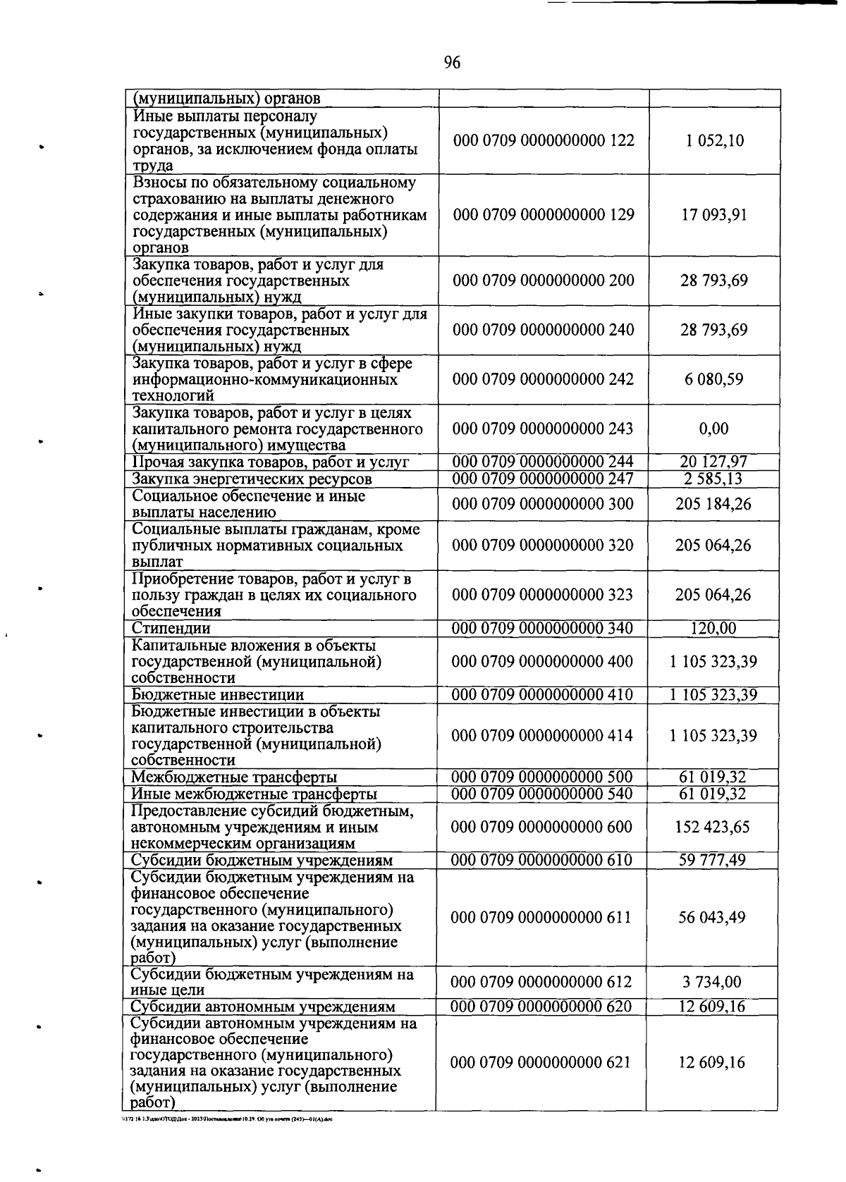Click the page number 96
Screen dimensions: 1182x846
tap(452, 63)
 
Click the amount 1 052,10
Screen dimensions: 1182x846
tap(714, 140)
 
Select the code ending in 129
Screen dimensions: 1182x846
tap(543, 214)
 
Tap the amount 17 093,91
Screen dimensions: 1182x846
tap(714, 214)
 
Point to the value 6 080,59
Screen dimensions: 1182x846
tap(713, 379)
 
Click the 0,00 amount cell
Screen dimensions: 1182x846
tap(714, 429)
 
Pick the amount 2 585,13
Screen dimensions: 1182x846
tap(713, 479)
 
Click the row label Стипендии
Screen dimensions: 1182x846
tap(171, 628)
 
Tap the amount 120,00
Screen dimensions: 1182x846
tap(713, 628)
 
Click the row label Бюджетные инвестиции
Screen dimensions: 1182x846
tap(218, 695)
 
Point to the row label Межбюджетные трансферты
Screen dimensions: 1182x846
tap(234, 777)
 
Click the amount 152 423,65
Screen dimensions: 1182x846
tap(712, 827)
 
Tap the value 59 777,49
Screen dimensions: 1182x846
tap(712, 860)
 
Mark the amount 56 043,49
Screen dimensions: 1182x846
tap(712, 917)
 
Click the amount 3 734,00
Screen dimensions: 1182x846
tap(712, 982)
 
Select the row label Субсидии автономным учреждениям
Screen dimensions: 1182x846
tap(263, 1006)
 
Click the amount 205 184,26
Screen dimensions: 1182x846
tap(713, 504)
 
